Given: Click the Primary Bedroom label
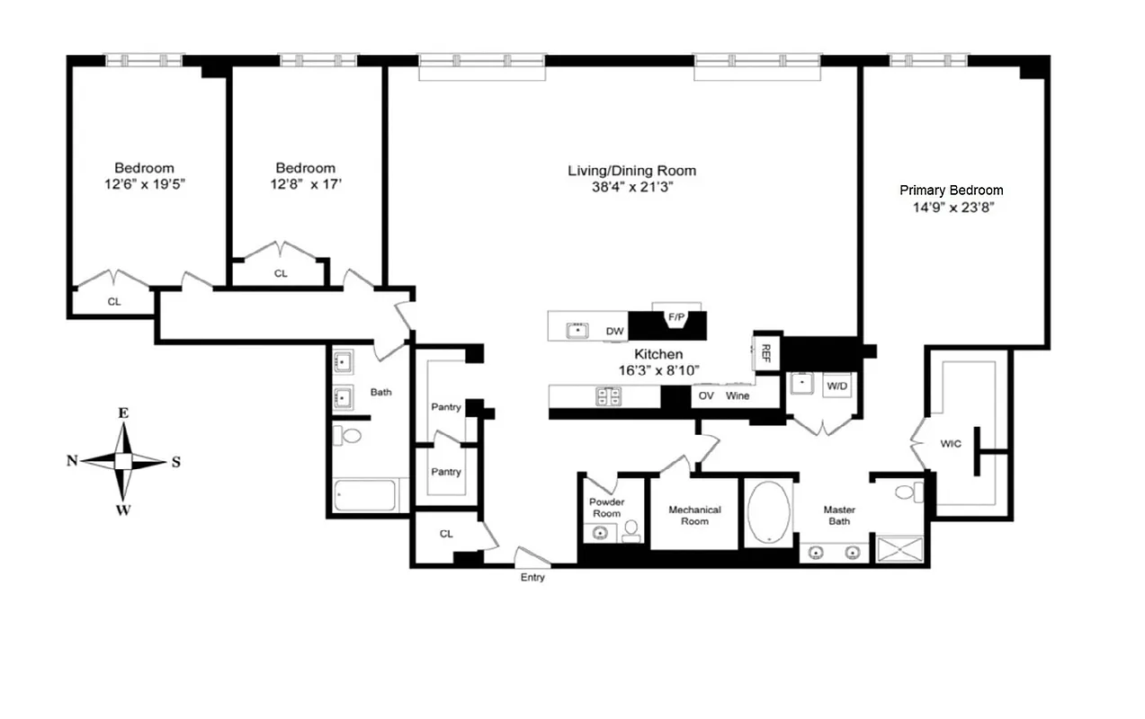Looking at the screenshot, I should point(951,190).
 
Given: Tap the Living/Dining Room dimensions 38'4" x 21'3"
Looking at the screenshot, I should point(631,187).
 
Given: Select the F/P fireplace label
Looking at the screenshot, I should point(675,316).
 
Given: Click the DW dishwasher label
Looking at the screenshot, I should point(614,332).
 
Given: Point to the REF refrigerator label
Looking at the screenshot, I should point(766,351).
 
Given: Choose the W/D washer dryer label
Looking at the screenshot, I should point(836,386).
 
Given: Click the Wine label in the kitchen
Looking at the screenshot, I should point(738,395).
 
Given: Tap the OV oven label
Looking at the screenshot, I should point(706,395).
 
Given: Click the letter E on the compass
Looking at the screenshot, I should point(123,413).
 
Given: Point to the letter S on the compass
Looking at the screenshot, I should point(176,462).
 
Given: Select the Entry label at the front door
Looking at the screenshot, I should point(532,577).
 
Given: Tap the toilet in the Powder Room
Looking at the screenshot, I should point(631,530).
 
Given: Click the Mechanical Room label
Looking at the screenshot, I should point(694,515).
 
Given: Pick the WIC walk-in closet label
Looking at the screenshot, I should point(951,443).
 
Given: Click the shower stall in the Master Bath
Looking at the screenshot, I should point(900,547).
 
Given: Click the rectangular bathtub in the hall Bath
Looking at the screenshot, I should point(365,494).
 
